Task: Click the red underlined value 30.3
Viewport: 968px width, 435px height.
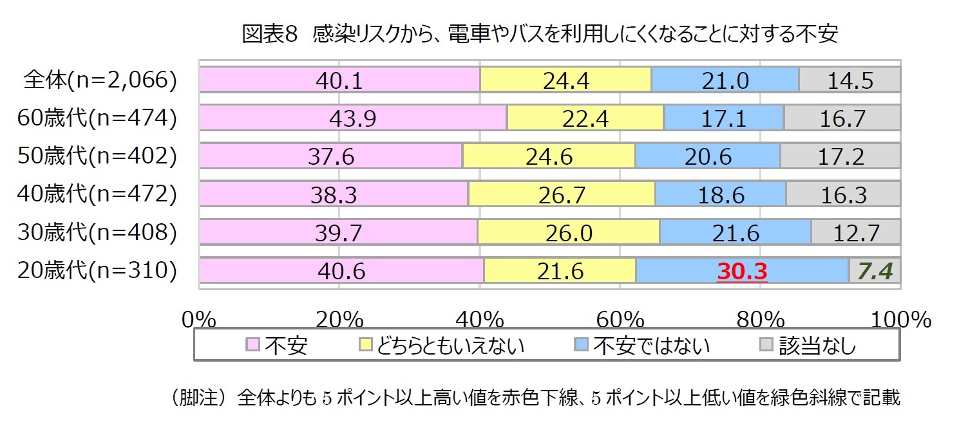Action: pyautogui.click(x=742, y=272)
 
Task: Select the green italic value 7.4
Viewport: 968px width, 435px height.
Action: pyautogui.click(x=874, y=272)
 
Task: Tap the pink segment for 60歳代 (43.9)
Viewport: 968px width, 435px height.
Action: pyautogui.click(x=353, y=118)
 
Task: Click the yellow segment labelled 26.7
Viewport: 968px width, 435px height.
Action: pyautogui.click(x=562, y=195)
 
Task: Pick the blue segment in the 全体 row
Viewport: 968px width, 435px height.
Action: pyautogui.click(x=725, y=80)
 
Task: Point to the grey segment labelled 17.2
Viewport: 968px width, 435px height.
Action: pyautogui.click(x=840, y=157)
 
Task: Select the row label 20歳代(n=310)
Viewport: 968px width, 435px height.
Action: pyautogui.click(x=97, y=271)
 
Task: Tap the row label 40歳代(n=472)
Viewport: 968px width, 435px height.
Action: pyautogui.click(x=97, y=194)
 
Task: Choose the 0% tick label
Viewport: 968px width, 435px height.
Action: pyautogui.click(x=201, y=319)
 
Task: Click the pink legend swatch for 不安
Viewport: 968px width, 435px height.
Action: pyautogui.click(x=253, y=346)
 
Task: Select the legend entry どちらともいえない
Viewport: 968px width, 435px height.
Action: pyautogui.click(x=451, y=346)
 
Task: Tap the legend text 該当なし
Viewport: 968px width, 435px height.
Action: pyautogui.click(x=817, y=346)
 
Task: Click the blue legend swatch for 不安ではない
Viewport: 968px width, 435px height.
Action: pyautogui.click(x=580, y=346)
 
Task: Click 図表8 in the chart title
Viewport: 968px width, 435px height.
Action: pyautogui.click(x=270, y=34)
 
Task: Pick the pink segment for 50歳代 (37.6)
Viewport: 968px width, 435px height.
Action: pyautogui.click(x=330, y=157)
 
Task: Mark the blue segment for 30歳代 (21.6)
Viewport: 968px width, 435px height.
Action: pyautogui.click(x=735, y=233)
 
